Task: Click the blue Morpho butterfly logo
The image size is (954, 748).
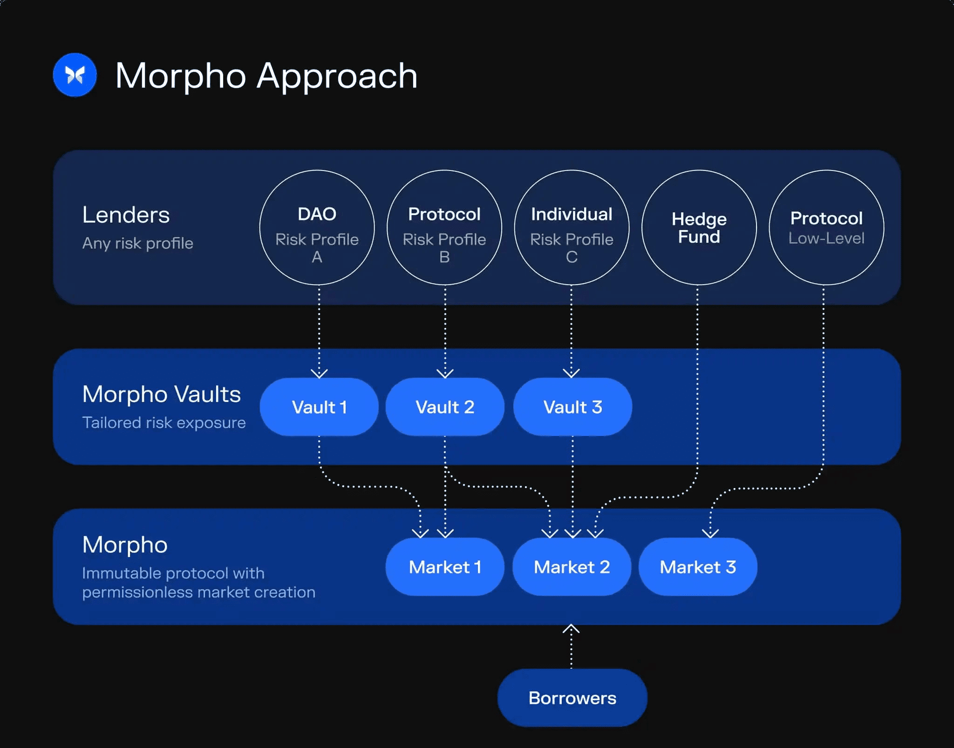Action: (x=75, y=75)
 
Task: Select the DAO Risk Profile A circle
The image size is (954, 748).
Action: (x=317, y=227)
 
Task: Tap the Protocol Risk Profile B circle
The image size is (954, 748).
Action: (x=444, y=227)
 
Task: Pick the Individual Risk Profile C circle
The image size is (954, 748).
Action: (x=572, y=227)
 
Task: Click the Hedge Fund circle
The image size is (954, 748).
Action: (x=699, y=227)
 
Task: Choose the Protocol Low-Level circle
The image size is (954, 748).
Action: (x=826, y=227)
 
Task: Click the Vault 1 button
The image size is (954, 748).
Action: (x=319, y=407)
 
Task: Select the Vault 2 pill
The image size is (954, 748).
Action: (x=445, y=407)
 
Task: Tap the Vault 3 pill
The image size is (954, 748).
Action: (x=572, y=407)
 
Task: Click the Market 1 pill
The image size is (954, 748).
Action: (x=445, y=567)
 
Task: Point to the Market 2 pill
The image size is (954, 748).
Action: (x=572, y=567)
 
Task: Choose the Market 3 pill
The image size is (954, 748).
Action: (x=698, y=567)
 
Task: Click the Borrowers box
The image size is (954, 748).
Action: (x=572, y=698)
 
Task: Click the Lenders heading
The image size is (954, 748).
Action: (x=126, y=215)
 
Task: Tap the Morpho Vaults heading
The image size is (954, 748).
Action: (x=162, y=394)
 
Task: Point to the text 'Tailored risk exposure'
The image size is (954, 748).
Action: (x=164, y=423)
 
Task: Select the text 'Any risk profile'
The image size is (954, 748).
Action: (x=138, y=243)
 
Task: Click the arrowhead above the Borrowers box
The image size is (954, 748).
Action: (x=571, y=629)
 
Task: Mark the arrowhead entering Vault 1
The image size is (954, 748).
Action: (x=319, y=374)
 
